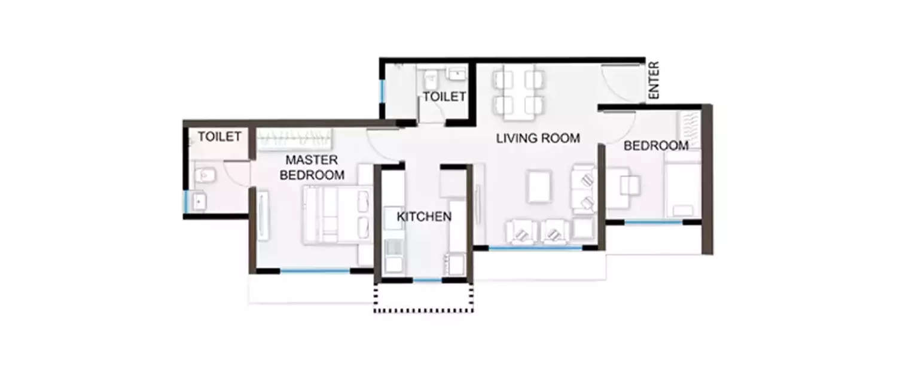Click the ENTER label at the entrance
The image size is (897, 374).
click(x=654, y=80)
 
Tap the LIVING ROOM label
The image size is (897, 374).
click(x=538, y=139)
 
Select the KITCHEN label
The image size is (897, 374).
click(x=424, y=217)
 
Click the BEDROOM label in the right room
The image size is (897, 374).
click(x=656, y=145)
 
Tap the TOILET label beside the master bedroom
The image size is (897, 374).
click(x=219, y=137)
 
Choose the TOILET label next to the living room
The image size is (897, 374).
click(x=444, y=96)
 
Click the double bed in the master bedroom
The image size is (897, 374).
click(x=338, y=215)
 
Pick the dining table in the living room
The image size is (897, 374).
click(x=519, y=92)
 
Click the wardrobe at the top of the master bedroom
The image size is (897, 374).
click(x=294, y=140)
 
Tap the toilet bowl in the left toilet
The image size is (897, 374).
click(x=204, y=175)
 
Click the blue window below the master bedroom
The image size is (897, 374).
click(x=315, y=271)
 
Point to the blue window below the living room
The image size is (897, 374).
click(x=536, y=248)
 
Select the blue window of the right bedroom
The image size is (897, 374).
click(x=654, y=222)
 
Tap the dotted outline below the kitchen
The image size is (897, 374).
click(x=423, y=310)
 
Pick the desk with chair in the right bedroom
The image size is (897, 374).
click(x=622, y=186)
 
